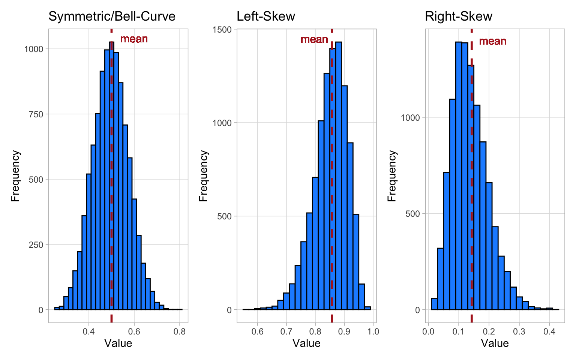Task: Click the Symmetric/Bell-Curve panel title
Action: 112,16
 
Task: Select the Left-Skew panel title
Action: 266,16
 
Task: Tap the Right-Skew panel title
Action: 458,16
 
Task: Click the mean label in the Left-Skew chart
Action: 314,39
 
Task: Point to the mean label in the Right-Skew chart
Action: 492,41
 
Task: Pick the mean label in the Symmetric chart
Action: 134,39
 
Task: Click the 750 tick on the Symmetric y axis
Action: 36,114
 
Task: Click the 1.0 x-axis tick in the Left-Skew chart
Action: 373,331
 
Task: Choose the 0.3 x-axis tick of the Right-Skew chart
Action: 519,331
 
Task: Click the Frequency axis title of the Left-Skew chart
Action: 204,176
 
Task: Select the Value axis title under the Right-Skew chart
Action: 495,343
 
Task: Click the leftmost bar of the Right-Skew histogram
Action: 434,304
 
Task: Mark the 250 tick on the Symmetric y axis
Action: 36,244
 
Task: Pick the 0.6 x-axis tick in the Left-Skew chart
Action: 257,331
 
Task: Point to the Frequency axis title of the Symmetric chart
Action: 15,176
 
